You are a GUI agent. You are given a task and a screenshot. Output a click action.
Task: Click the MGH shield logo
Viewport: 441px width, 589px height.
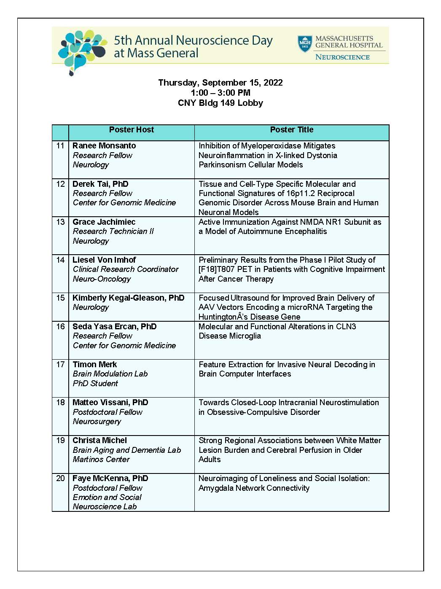[x=305, y=44]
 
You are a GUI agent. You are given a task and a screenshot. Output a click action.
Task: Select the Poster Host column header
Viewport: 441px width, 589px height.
[x=131, y=130]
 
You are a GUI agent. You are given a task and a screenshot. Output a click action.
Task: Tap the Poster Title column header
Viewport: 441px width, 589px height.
[x=291, y=130]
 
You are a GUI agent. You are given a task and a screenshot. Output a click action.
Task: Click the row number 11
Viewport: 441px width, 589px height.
[x=60, y=146]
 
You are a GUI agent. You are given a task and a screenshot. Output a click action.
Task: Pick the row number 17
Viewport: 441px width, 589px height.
[x=60, y=365]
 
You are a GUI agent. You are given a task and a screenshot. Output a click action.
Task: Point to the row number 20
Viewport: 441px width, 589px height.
[x=60, y=479]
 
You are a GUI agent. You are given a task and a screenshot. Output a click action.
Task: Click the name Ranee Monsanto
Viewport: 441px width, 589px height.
[x=104, y=146]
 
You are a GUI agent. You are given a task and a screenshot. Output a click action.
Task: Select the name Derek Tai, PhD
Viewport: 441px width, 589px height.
[x=100, y=184]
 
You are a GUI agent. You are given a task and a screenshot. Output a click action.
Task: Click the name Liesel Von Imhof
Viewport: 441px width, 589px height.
[x=104, y=260]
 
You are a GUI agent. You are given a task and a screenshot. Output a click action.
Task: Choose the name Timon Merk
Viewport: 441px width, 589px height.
[x=94, y=365]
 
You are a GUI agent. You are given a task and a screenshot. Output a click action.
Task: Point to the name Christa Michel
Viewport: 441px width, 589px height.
[x=99, y=441]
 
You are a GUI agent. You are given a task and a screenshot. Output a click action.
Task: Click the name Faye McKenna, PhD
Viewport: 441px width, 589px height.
[x=110, y=479]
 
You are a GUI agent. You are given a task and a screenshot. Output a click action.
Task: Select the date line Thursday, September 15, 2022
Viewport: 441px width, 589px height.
[x=220, y=83]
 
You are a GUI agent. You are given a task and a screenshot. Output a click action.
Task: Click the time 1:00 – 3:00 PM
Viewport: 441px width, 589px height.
[x=220, y=93]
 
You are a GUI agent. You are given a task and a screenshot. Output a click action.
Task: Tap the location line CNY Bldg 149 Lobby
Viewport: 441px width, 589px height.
[x=220, y=103]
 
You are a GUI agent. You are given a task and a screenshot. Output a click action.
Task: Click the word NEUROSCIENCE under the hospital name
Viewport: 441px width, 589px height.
[x=342, y=57]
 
